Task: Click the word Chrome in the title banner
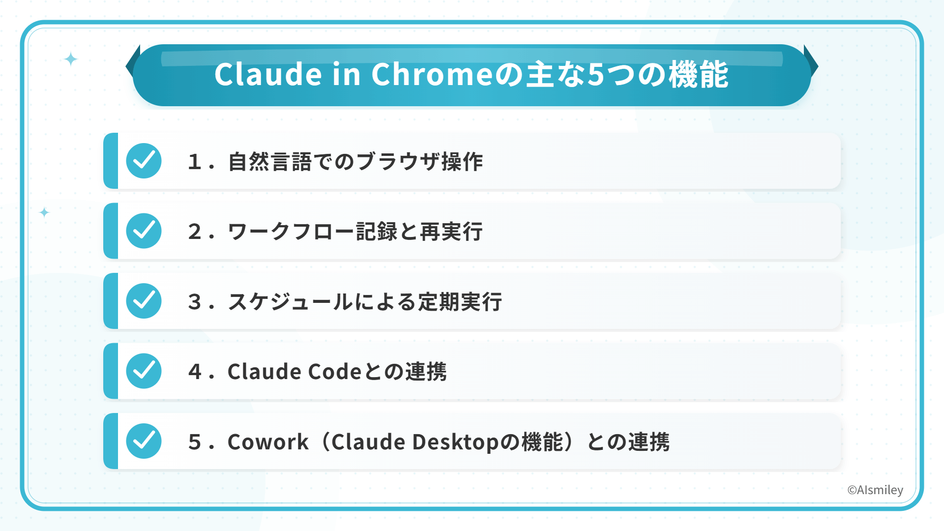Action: [432, 74]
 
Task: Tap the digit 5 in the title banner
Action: [595, 75]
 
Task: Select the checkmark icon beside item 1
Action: [144, 161]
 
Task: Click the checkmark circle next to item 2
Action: [144, 231]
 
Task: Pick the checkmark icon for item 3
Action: [144, 301]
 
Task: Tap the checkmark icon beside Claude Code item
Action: [144, 371]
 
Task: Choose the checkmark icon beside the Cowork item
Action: [144, 441]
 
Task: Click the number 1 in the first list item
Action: [195, 162]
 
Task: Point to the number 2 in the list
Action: [195, 232]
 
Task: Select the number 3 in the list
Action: [195, 301]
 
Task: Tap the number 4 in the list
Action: [195, 372]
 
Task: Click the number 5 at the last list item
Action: [195, 442]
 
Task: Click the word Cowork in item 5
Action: [268, 442]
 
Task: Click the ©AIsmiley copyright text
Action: [875, 490]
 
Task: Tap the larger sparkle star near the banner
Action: [71, 59]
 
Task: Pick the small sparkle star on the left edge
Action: [44, 212]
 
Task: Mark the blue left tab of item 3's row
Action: [111, 301]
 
